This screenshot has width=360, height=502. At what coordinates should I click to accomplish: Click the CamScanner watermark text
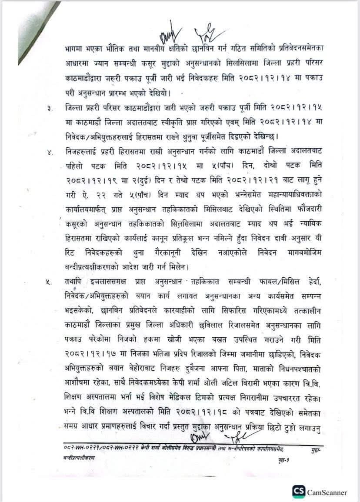[327, 492]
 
